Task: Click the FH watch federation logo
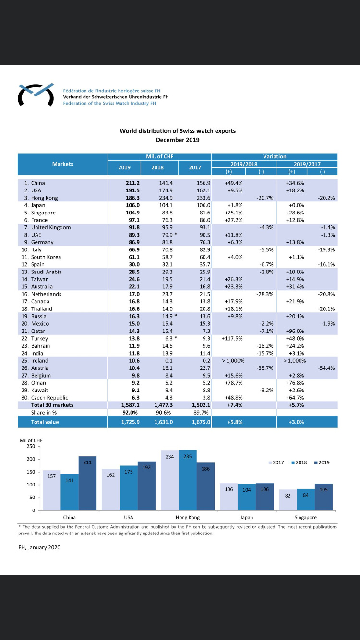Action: [x=36, y=95]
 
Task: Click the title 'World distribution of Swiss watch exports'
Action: [x=178, y=131]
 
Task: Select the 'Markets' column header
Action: [x=62, y=164]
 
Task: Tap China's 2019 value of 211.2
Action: [x=132, y=183]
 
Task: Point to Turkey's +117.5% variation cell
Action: [x=232, y=338]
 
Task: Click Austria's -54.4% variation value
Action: [x=326, y=368]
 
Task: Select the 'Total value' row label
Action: [x=45, y=422]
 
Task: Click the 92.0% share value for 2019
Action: [x=130, y=412]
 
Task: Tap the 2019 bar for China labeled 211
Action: [x=87, y=483]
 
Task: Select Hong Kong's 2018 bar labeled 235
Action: [x=188, y=480]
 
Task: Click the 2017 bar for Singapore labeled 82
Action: [x=288, y=500]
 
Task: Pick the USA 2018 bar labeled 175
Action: [x=129, y=488]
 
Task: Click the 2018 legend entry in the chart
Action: [x=299, y=462]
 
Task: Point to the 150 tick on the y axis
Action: [x=31, y=472]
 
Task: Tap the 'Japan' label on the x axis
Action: [x=247, y=517]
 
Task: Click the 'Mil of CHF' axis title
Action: [x=31, y=440]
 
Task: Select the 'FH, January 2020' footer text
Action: [x=39, y=547]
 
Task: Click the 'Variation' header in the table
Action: [x=275, y=156]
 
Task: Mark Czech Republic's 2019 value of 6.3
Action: [x=135, y=397]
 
